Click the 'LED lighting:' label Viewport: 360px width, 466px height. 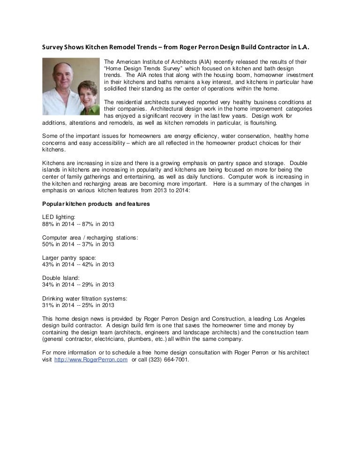pos(59,218)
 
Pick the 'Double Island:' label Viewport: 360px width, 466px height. pos(61,278)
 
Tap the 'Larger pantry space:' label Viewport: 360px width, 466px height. pos(69,257)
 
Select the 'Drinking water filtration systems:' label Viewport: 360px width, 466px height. pos(85,298)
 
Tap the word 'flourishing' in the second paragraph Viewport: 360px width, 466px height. pos(263,123)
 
